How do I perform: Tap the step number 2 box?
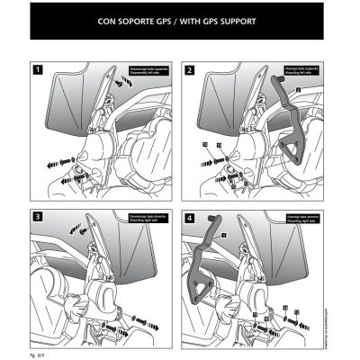189,68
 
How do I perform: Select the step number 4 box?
189,217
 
